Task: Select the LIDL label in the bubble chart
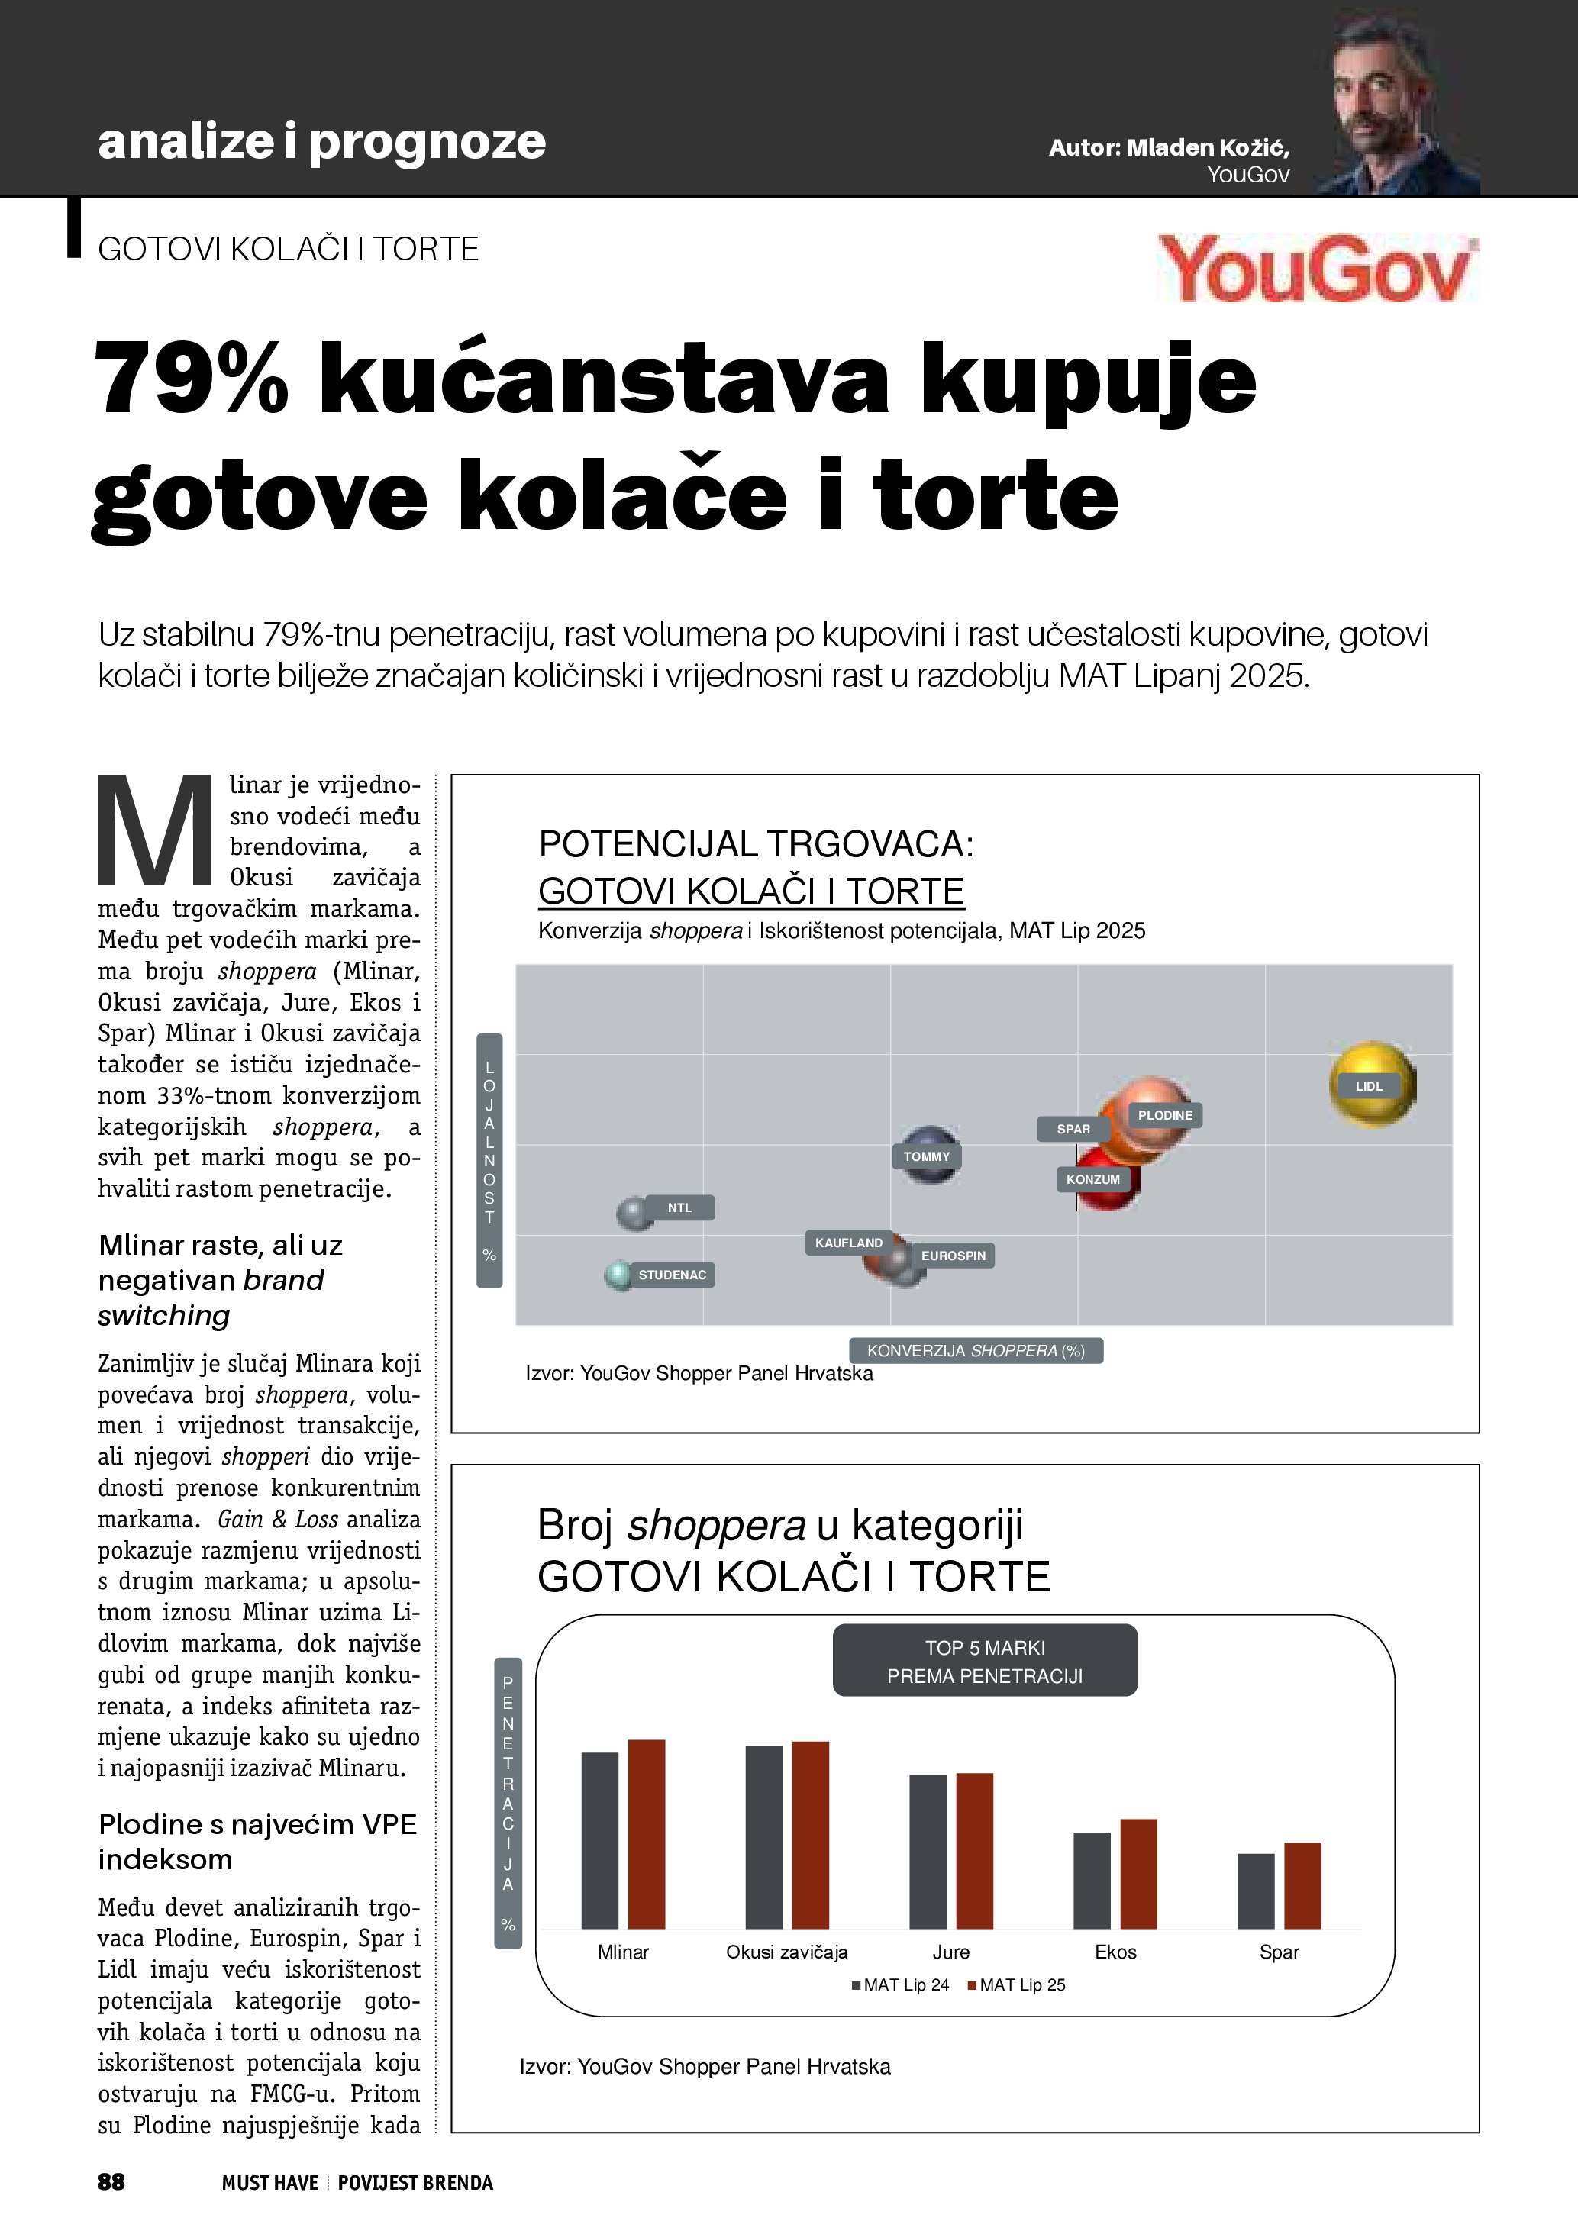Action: [1368, 1086]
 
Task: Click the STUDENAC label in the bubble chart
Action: [671, 1275]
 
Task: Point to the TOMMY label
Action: [926, 1156]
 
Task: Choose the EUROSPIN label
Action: [954, 1256]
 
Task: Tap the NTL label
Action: [679, 1207]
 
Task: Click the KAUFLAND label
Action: [848, 1243]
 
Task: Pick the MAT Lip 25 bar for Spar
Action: [1302, 1885]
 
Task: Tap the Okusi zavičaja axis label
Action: [786, 1952]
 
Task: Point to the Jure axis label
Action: [950, 1952]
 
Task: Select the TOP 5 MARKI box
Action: [984, 1662]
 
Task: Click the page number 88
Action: [111, 2182]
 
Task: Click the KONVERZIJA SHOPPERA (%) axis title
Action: [976, 1351]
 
